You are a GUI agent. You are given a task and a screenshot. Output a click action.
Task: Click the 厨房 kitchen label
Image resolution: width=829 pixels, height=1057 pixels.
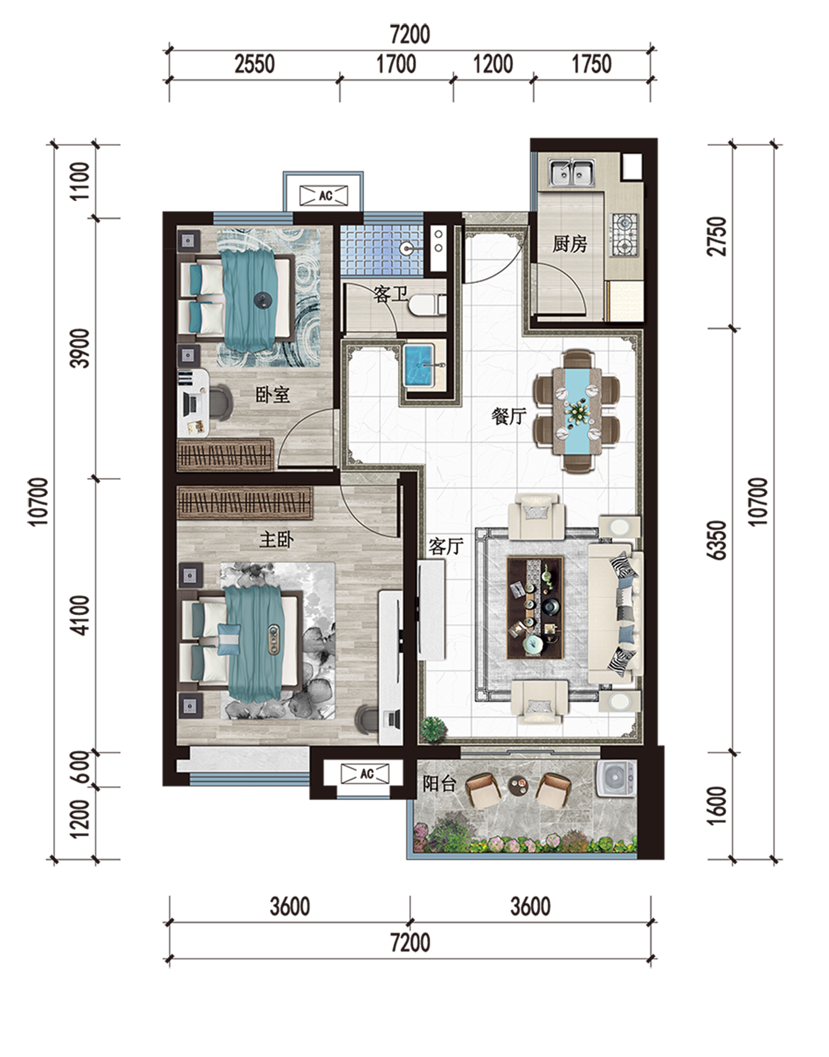click(x=570, y=244)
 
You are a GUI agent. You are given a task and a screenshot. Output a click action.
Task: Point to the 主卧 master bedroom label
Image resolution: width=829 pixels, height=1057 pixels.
click(x=276, y=540)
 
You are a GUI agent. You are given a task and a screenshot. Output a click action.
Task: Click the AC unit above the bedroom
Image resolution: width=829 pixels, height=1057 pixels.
click(x=324, y=196)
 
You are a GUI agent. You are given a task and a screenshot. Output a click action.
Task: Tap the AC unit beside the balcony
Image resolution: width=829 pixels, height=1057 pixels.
click(x=365, y=773)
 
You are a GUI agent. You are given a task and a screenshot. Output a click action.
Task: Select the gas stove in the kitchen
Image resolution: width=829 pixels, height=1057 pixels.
click(x=625, y=235)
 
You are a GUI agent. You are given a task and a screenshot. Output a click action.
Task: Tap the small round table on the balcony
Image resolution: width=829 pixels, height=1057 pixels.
click(x=518, y=784)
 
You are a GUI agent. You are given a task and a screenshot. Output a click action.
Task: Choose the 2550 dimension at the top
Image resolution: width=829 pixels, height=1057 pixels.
click(x=255, y=64)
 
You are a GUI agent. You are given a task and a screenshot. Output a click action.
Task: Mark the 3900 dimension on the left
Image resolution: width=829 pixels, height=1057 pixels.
click(x=80, y=349)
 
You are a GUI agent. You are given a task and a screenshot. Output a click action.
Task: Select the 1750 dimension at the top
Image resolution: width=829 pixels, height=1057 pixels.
click(x=591, y=64)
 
